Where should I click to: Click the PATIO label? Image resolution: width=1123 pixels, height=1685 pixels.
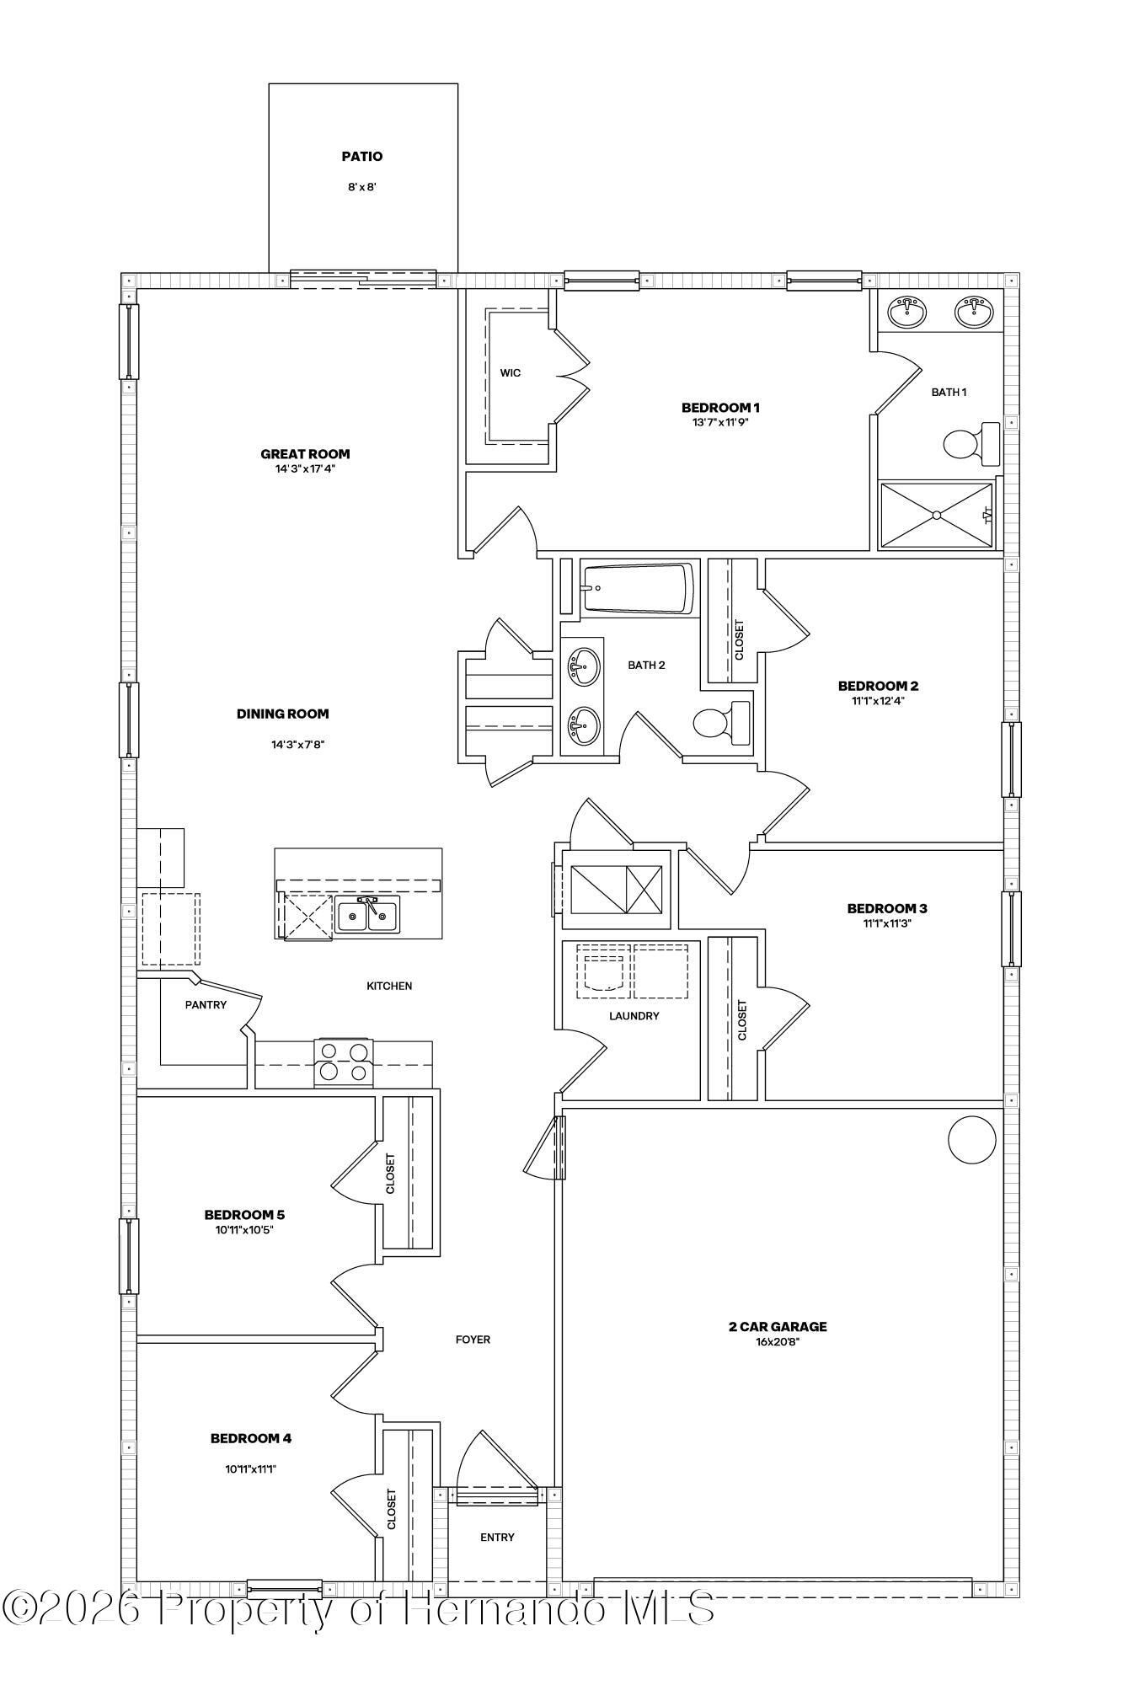[362, 157]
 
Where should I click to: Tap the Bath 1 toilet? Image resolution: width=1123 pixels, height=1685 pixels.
[971, 443]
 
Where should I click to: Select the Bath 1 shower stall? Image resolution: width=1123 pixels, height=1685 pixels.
[936, 515]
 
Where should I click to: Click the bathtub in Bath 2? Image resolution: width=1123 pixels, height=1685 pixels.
[638, 588]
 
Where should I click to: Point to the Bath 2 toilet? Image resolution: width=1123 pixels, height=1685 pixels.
[721, 722]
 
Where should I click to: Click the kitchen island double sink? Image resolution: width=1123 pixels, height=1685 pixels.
[368, 915]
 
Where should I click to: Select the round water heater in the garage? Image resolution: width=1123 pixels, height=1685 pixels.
[972, 1140]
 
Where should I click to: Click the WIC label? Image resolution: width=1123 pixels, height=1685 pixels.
[511, 373]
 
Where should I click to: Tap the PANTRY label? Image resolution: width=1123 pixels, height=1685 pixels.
[206, 1004]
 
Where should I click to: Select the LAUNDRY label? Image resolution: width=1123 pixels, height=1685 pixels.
[634, 1016]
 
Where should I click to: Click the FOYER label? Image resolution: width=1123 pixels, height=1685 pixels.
[473, 1340]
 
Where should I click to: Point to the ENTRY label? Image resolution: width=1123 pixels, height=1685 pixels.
[497, 1538]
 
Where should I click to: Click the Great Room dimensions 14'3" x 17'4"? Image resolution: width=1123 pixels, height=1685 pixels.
[305, 469]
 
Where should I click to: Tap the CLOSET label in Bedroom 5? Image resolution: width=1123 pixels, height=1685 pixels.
[390, 1174]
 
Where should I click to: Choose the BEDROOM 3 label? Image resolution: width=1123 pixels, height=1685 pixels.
[887, 908]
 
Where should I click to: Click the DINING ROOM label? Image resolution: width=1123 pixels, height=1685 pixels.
[283, 714]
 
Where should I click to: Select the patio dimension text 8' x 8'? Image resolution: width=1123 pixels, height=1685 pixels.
[362, 187]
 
